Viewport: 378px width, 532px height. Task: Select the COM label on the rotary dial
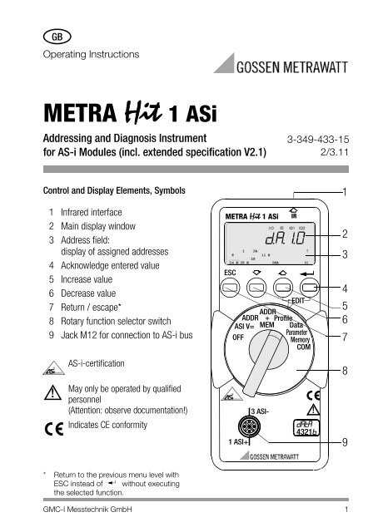[303, 350]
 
